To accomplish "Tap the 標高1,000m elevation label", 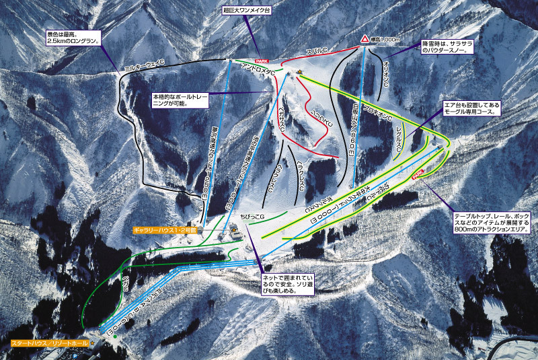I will click(384, 40).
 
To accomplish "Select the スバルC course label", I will click(317, 52).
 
